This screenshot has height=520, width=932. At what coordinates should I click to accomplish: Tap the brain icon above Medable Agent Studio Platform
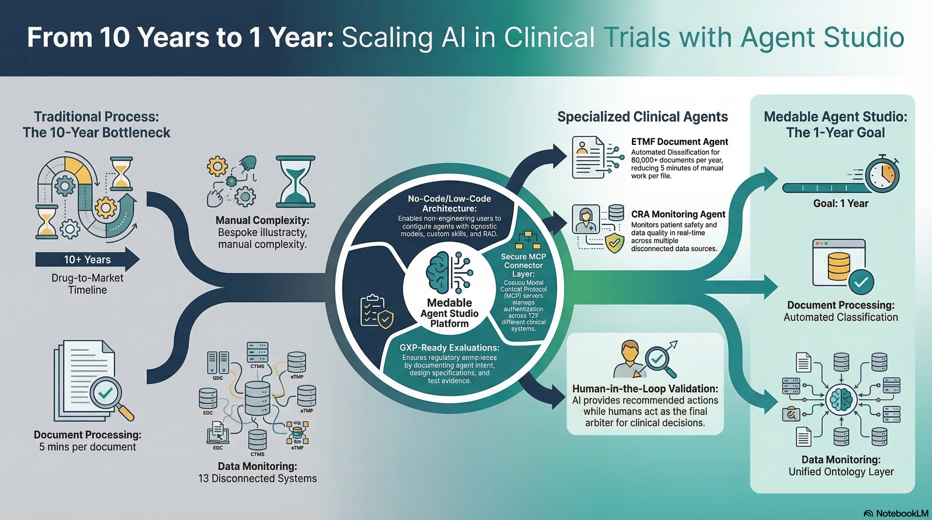438,273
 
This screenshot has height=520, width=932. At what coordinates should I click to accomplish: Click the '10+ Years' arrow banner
87,260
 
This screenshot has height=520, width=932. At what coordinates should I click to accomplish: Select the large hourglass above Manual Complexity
295,182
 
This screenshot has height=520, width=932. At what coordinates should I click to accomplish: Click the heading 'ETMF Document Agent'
679,142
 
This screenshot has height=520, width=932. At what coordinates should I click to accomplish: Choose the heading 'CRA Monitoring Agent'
678,214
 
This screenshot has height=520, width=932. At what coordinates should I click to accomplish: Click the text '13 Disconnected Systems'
257,479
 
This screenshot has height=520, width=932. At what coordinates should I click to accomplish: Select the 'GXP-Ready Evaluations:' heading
449,348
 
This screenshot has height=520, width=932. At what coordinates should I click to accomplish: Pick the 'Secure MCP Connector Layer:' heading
523,265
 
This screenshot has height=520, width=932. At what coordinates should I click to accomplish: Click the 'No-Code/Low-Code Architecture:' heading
449,204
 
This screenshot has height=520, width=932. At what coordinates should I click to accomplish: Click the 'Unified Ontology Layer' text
841,472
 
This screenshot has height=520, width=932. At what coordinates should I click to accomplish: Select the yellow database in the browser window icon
839,266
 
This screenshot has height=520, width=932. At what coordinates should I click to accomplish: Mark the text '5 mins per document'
88,447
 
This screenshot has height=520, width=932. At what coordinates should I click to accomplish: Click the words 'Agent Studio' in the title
822,37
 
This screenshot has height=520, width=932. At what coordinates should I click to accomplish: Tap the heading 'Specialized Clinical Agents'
642,116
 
